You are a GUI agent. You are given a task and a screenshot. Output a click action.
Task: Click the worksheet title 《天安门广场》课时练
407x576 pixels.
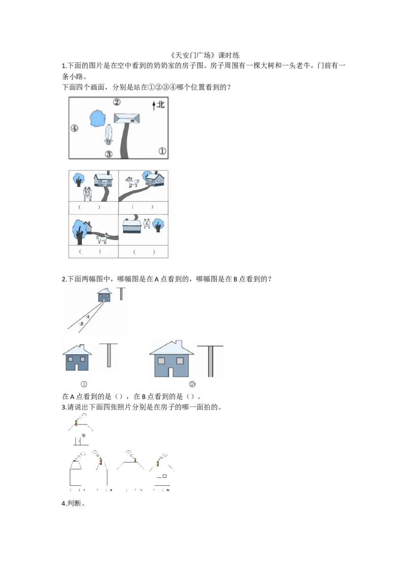coord(205,55)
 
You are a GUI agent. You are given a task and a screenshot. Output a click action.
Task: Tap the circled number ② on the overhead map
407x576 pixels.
coord(117,102)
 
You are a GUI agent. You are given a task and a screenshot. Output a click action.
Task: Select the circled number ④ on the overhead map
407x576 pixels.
coord(74,128)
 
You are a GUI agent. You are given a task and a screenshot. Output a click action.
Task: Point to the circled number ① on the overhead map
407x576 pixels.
coord(162,151)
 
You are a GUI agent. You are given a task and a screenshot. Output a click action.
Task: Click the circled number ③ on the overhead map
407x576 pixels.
coord(109,154)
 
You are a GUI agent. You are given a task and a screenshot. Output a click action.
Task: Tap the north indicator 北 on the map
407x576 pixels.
coord(161,105)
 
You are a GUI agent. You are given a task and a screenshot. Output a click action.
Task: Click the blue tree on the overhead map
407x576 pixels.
coord(98,118)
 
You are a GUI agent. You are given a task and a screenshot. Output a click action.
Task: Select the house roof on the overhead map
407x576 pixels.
coord(127,118)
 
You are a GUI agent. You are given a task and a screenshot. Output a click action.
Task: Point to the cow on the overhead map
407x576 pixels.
coord(108,134)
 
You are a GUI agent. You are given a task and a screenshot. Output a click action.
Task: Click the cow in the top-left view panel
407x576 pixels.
coord(87,193)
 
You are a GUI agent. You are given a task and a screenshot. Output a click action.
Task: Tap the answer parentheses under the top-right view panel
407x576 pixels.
coord(142,207)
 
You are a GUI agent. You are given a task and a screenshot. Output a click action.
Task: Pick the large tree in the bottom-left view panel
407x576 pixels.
coord(80,232)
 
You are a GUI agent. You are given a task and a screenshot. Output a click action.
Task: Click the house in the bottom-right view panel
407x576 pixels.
coord(131,226)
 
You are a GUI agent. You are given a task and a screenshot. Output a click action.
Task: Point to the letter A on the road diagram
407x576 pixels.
coord(88,316)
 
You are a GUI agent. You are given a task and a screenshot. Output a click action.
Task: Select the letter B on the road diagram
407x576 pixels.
coord(81,324)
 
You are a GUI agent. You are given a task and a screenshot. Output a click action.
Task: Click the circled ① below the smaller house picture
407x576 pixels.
coord(84,384)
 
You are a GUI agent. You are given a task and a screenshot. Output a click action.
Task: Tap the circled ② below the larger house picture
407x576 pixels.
coord(192,384)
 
